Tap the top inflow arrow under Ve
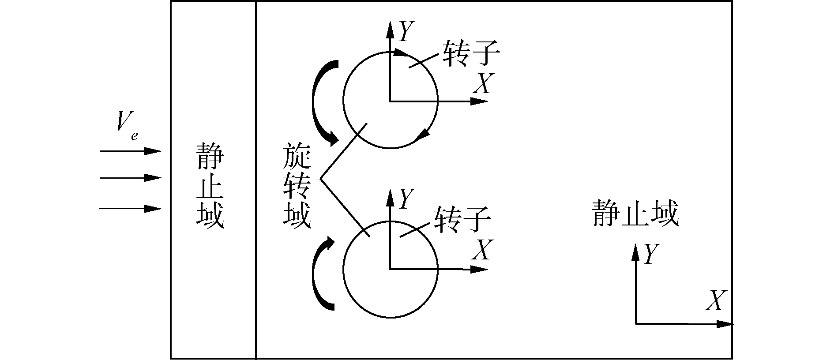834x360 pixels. (x=131, y=151)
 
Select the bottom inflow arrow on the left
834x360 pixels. (x=131, y=208)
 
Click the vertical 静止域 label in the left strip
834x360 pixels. (x=210, y=185)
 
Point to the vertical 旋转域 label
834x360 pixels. (x=297, y=185)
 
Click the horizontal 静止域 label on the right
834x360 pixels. (x=635, y=214)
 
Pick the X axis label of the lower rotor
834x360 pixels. (x=481, y=250)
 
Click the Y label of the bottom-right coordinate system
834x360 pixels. (x=651, y=255)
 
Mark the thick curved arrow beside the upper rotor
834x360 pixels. (x=324, y=103)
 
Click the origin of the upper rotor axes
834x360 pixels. (x=390, y=101)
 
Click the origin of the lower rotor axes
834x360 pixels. (x=390, y=269)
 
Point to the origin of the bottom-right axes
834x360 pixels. (x=635, y=324)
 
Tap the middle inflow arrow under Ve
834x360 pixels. (x=131, y=178)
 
